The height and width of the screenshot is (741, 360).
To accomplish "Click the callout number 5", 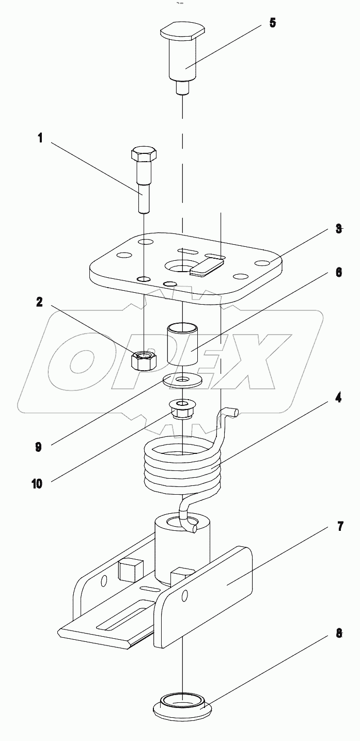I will (272, 23).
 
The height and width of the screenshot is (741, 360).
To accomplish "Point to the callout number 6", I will (338, 273).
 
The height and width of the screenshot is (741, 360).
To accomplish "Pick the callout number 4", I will (338, 399).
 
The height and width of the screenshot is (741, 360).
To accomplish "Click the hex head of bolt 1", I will (142, 154).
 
